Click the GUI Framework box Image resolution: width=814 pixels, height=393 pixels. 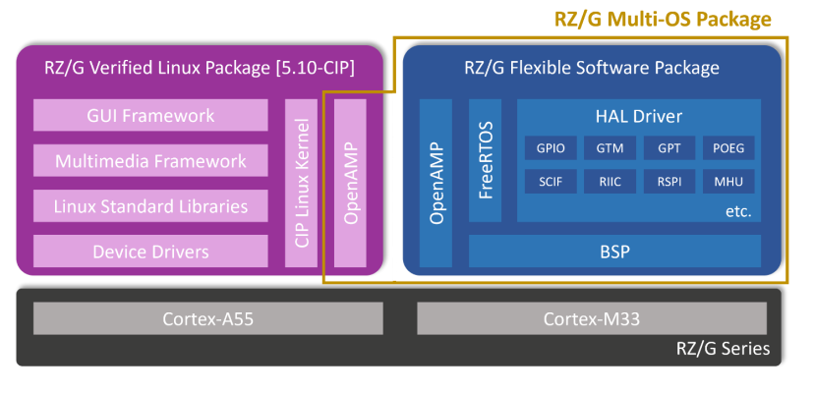pyautogui.click(x=150, y=116)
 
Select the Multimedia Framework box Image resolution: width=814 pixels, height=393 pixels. pyautogui.click(x=150, y=161)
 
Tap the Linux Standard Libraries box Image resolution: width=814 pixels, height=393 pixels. pyautogui.click(x=150, y=206)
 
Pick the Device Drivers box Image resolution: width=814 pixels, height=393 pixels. pyautogui.click(x=150, y=252)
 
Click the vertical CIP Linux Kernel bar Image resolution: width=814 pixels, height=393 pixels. pyautogui.click(x=302, y=183)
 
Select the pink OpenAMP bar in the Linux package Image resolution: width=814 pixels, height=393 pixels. pyautogui.click(x=350, y=183)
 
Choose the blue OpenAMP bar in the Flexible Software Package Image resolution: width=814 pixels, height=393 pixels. pyautogui.click(x=436, y=183)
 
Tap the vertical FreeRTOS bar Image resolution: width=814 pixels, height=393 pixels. pyautogui.click(x=486, y=162)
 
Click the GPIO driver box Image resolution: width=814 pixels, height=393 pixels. pyautogui.click(x=551, y=149)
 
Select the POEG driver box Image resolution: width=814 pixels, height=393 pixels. pyautogui.click(x=728, y=149)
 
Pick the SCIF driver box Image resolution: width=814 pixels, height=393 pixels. pyautogui.click(x=551, y=182)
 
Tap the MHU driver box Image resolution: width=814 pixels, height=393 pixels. pyautogui.click(x=728, y=182)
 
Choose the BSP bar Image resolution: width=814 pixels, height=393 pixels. pyautogui.click(x=614, y=252)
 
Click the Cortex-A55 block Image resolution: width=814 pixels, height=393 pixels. pyautogui.click(x=207, y=318)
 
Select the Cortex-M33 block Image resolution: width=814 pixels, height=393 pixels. pyautogui.click(x=591, y=318)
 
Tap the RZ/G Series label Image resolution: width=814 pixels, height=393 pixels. pyautogui.click(x=723, y=349)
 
